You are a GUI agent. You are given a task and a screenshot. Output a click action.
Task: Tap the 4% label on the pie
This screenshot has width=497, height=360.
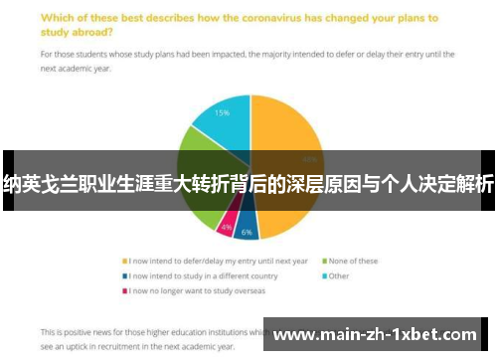(x=227, y=227)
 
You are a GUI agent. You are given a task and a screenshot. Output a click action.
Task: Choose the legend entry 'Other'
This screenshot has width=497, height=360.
(x=339, y=275)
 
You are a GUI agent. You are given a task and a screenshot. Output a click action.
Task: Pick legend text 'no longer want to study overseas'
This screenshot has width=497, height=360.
(x=199, y=291)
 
